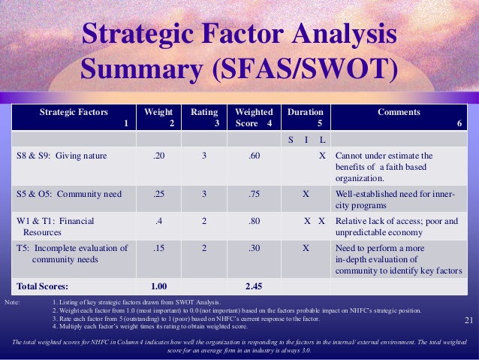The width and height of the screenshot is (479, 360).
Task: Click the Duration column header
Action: (305, 111)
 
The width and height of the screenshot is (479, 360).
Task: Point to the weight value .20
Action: (159, 156)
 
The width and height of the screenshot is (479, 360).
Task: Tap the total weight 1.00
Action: (159, 286)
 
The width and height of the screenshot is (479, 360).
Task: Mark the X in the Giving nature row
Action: (322, 156)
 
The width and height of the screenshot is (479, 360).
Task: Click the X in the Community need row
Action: (305, 193)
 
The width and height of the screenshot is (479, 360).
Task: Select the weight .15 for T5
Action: (159, 248)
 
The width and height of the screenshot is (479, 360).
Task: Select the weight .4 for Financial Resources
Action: (159, 221)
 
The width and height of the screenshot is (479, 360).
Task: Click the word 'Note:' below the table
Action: (13, 302)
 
